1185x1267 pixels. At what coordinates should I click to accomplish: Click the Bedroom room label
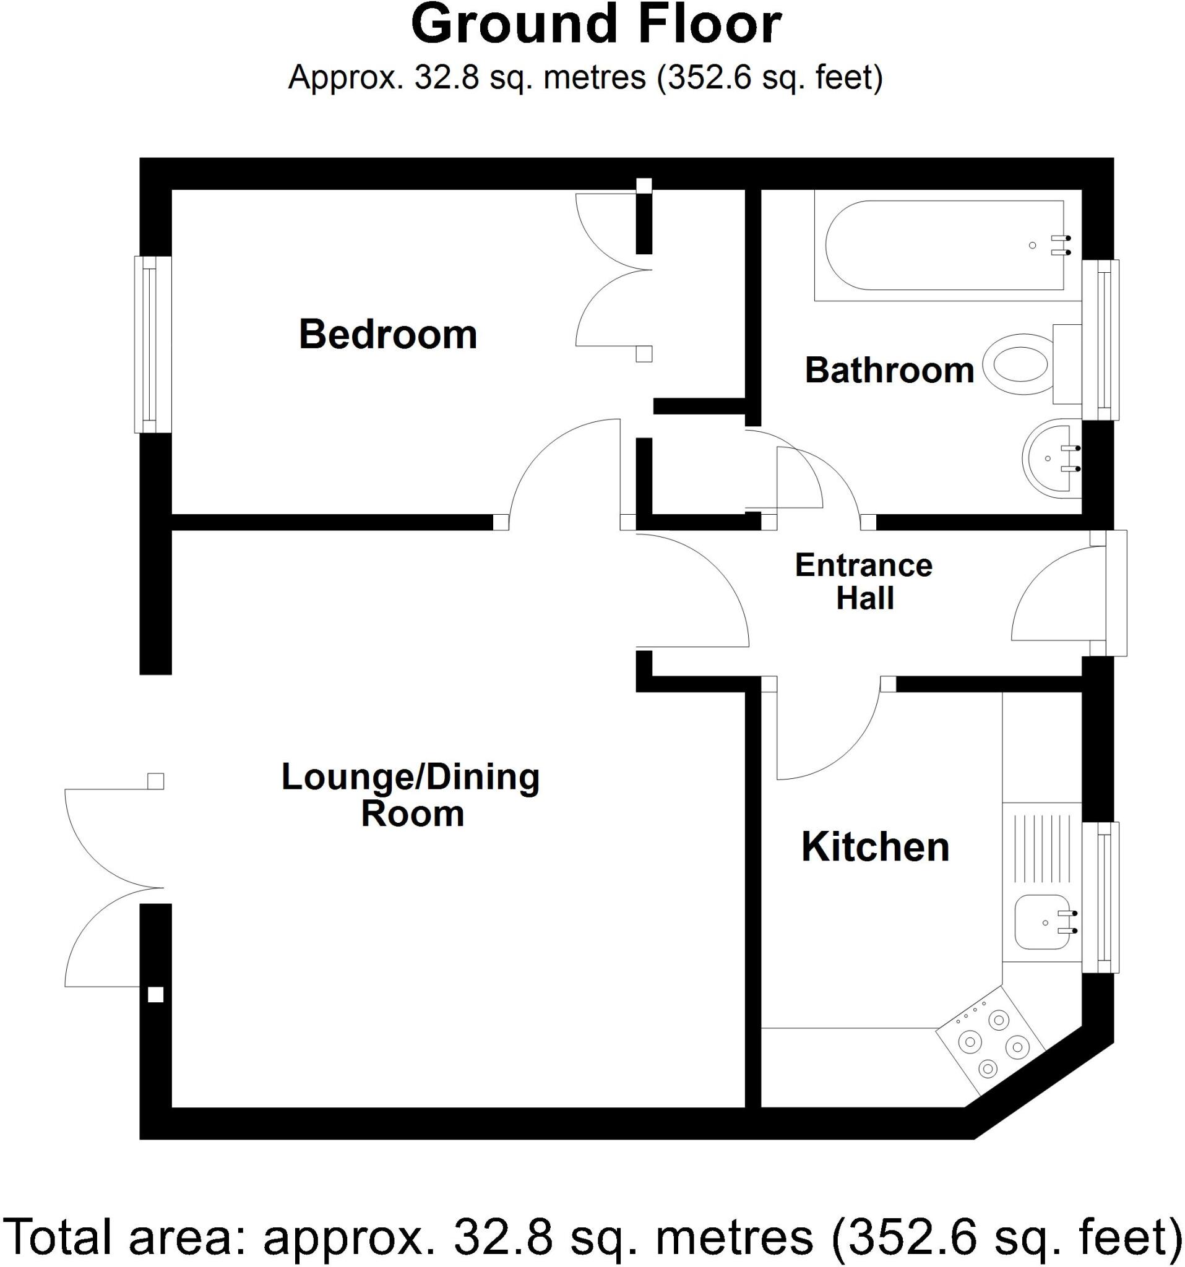click(x=387, y=335)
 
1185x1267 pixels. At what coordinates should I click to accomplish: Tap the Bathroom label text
click(x=889, y=371)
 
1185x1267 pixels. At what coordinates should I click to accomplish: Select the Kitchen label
click(x=874, y=847)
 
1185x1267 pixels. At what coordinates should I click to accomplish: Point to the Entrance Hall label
click(x=864, y=582)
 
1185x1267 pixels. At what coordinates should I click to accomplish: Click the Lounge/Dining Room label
click(x=411, y=795)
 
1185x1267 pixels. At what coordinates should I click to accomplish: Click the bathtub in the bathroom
click(x=944, y=246)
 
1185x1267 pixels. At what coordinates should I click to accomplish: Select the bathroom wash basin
click(x=1049, y=458)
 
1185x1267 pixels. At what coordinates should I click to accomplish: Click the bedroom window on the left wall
click(x=152, y=344)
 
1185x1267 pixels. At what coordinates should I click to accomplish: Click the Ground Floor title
click(x=596, y=25)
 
